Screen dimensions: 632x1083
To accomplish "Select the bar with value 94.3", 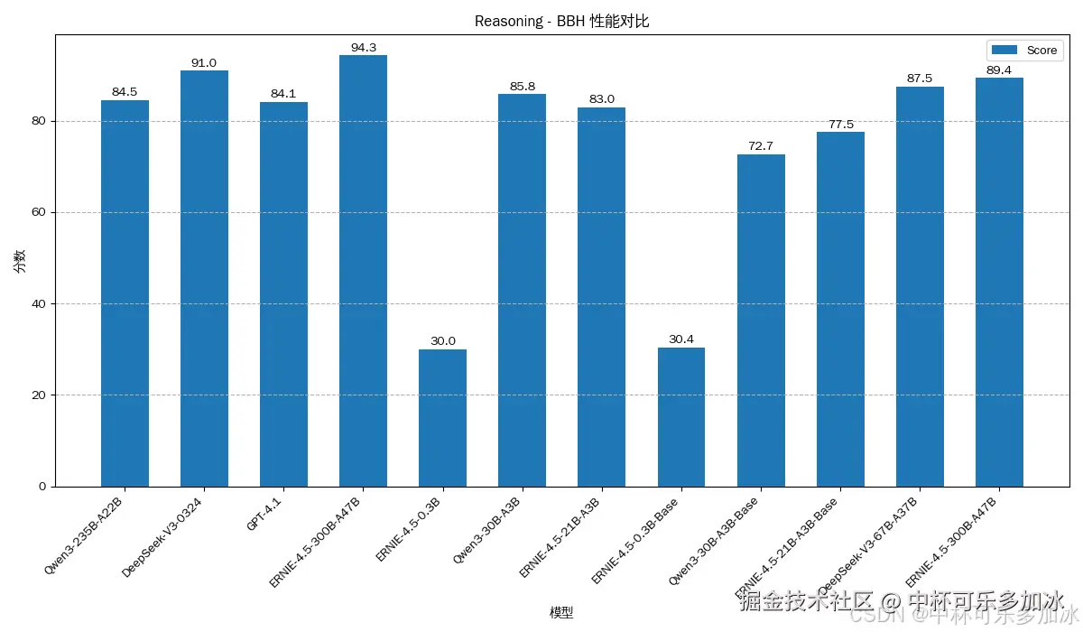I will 363,271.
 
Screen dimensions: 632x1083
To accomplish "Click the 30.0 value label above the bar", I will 442,340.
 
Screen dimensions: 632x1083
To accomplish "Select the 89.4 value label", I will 999,70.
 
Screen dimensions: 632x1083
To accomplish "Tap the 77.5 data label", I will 840,124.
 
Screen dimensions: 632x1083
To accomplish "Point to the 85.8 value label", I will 522,86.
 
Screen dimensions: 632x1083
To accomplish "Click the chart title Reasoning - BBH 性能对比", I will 561,22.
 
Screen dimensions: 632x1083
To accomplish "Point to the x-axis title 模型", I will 561,613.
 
